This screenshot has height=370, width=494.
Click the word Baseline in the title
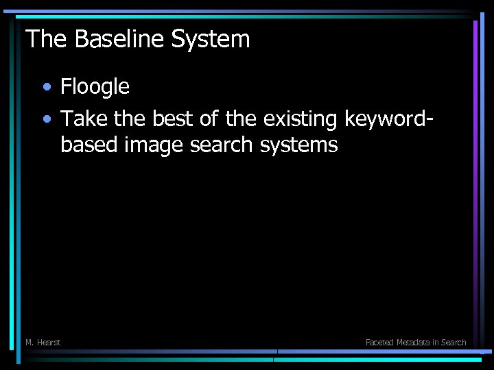pos(120,39)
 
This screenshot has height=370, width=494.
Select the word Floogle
pos(95,86)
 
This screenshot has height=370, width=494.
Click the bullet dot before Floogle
pos(46,88)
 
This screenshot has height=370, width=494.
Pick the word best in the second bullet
pos(174,120)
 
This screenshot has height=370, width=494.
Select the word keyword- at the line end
pos(389,120)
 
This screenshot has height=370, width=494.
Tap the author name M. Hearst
pos(43,342)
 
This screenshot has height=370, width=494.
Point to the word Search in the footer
pos(454,342)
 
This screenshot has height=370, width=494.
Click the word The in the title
pos(47,39)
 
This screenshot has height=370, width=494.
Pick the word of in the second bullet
pos(210,120)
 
